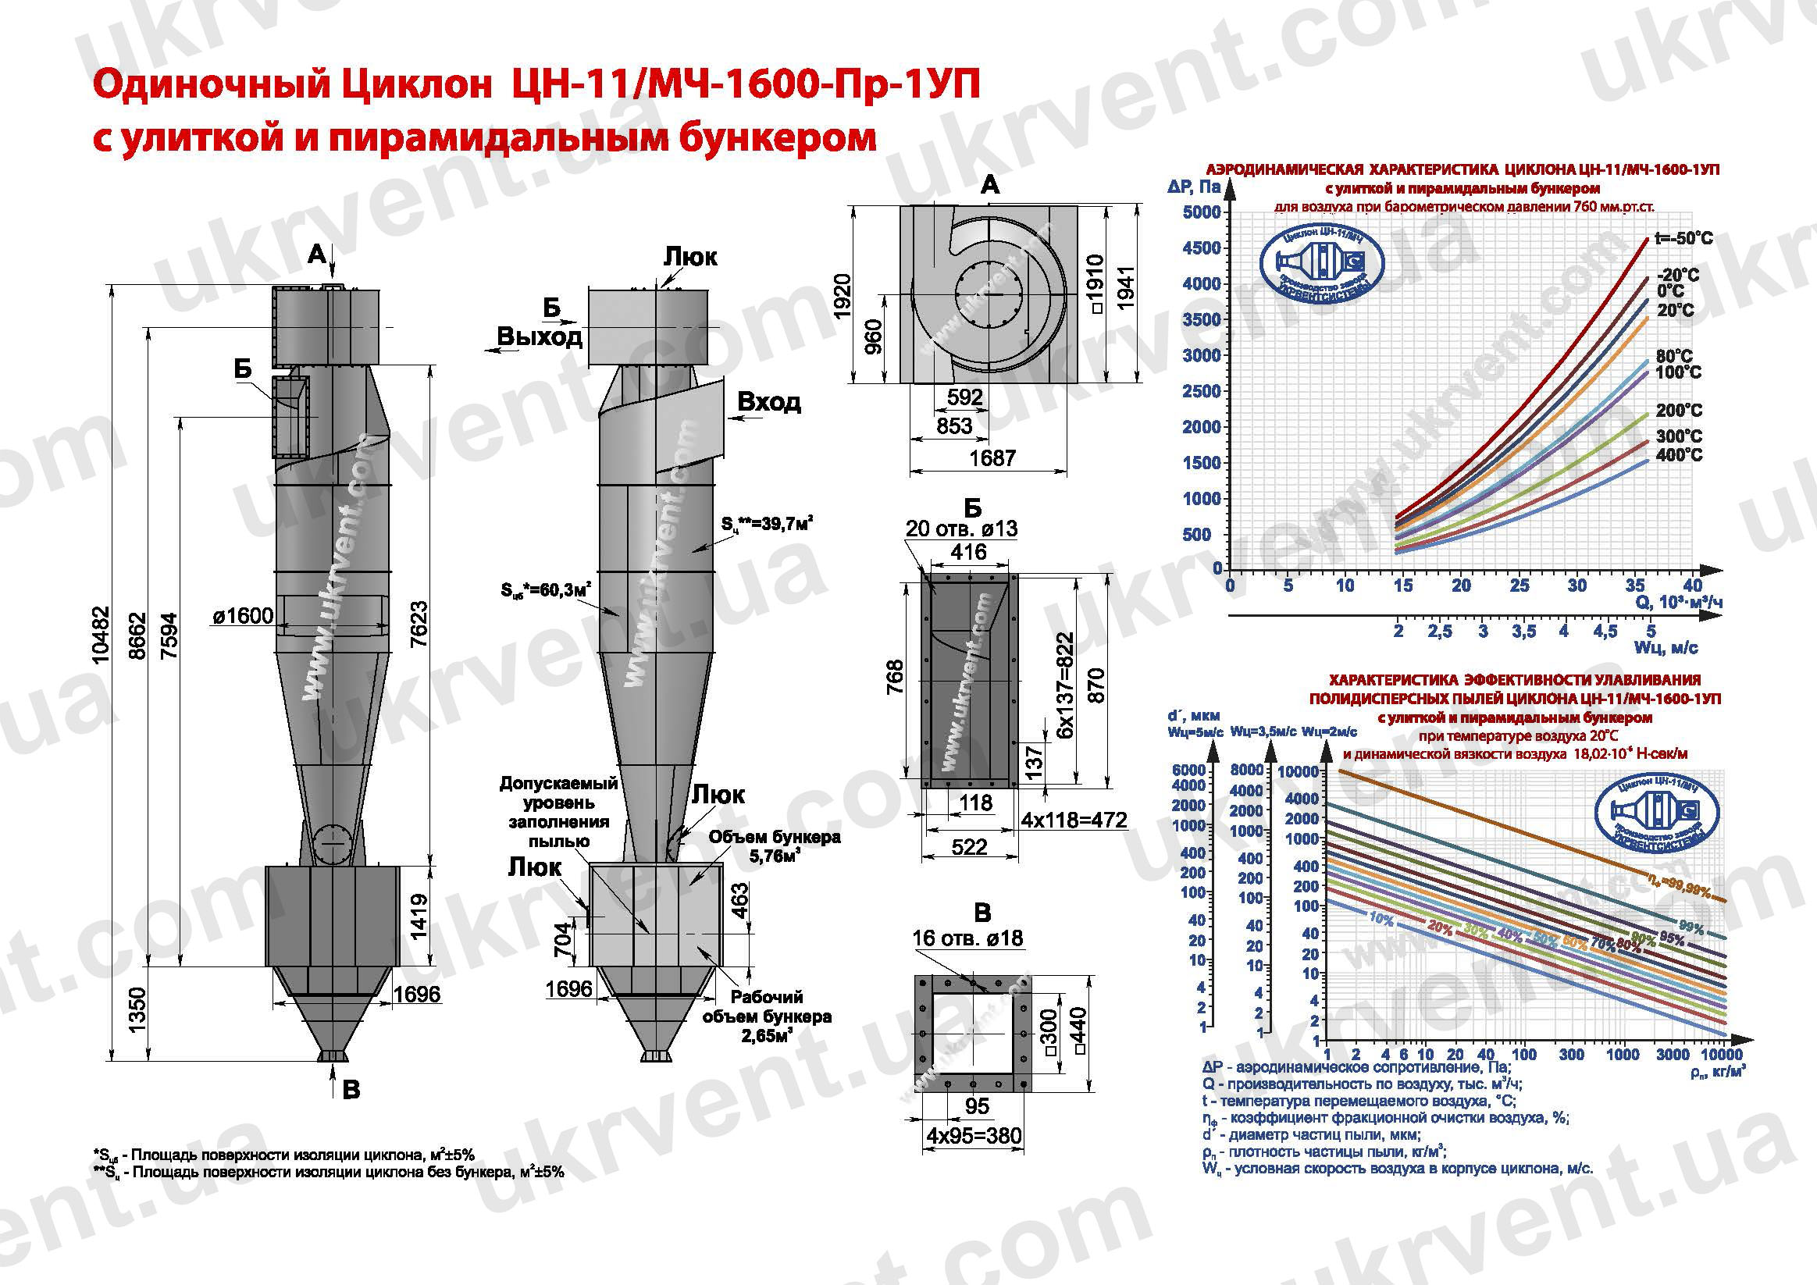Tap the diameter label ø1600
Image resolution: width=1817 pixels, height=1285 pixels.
[242, 615]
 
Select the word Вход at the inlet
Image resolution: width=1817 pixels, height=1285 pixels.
[768, 402]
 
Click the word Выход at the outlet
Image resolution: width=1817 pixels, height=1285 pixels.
[539, 336]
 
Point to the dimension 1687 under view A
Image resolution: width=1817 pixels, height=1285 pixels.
[992, 457]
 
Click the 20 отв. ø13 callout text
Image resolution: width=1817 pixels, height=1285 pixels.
[960, 528]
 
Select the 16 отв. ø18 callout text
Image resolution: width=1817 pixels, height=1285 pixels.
[967, 938]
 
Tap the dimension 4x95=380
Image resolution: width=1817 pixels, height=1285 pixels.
[974, 1136]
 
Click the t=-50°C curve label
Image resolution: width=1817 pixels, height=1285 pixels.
[1683, 238]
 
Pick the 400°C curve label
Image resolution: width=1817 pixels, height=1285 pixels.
[1679, 455]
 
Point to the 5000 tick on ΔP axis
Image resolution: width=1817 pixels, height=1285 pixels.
[1201, 212]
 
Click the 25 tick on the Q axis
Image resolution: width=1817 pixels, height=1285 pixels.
[1519, 586]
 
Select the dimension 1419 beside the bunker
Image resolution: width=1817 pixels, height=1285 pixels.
[419, 917]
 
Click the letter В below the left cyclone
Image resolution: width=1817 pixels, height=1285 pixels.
[351, 1090]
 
